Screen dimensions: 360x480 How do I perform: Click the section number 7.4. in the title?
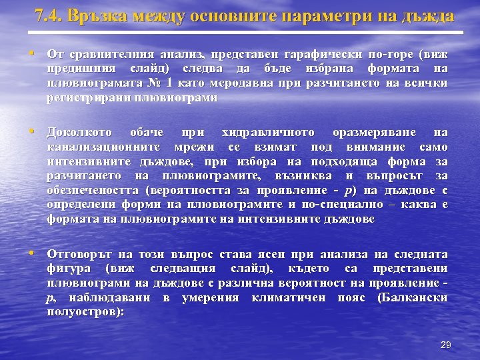[x=51, y=15]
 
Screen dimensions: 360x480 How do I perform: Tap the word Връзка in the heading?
[x=103, y=15]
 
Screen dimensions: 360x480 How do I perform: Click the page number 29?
[x=446, y=345]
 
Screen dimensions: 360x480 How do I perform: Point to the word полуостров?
[x=83, y=311]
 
